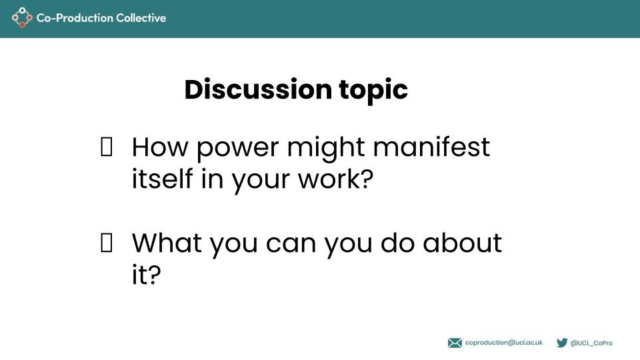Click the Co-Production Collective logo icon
22,18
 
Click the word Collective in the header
140,18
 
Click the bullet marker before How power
105,147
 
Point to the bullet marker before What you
105,244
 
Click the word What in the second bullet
167,243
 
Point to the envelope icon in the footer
455,343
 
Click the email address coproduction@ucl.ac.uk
504,343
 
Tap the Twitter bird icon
562,343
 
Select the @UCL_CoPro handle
591,343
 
